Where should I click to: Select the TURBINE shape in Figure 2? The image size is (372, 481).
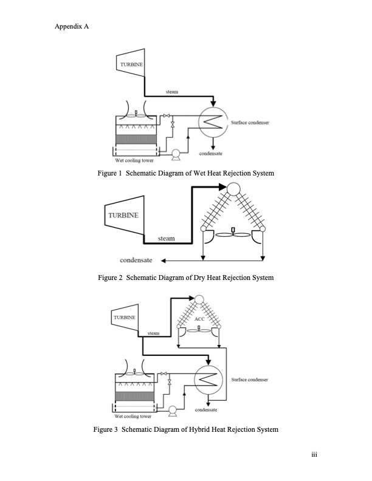pyautogui.click(x=123, y=216)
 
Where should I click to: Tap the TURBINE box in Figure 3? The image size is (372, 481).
pyautogui.click(x=124, y=318)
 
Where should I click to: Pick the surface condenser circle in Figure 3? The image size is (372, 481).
pyautogui.click(x=207, y=381)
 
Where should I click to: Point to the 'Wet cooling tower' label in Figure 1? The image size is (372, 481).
pyautogui.click(x=134, y=161)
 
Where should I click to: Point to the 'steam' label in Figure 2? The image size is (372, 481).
pyautogui.click(x=166, y=239)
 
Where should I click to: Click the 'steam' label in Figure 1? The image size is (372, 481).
pyautogui.click(x=171, y=90)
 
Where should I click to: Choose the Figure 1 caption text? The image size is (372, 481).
pyautogui.click(x=186, y=174)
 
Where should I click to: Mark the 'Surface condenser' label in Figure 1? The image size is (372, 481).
pyautogui.click(x=250, y=123)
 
